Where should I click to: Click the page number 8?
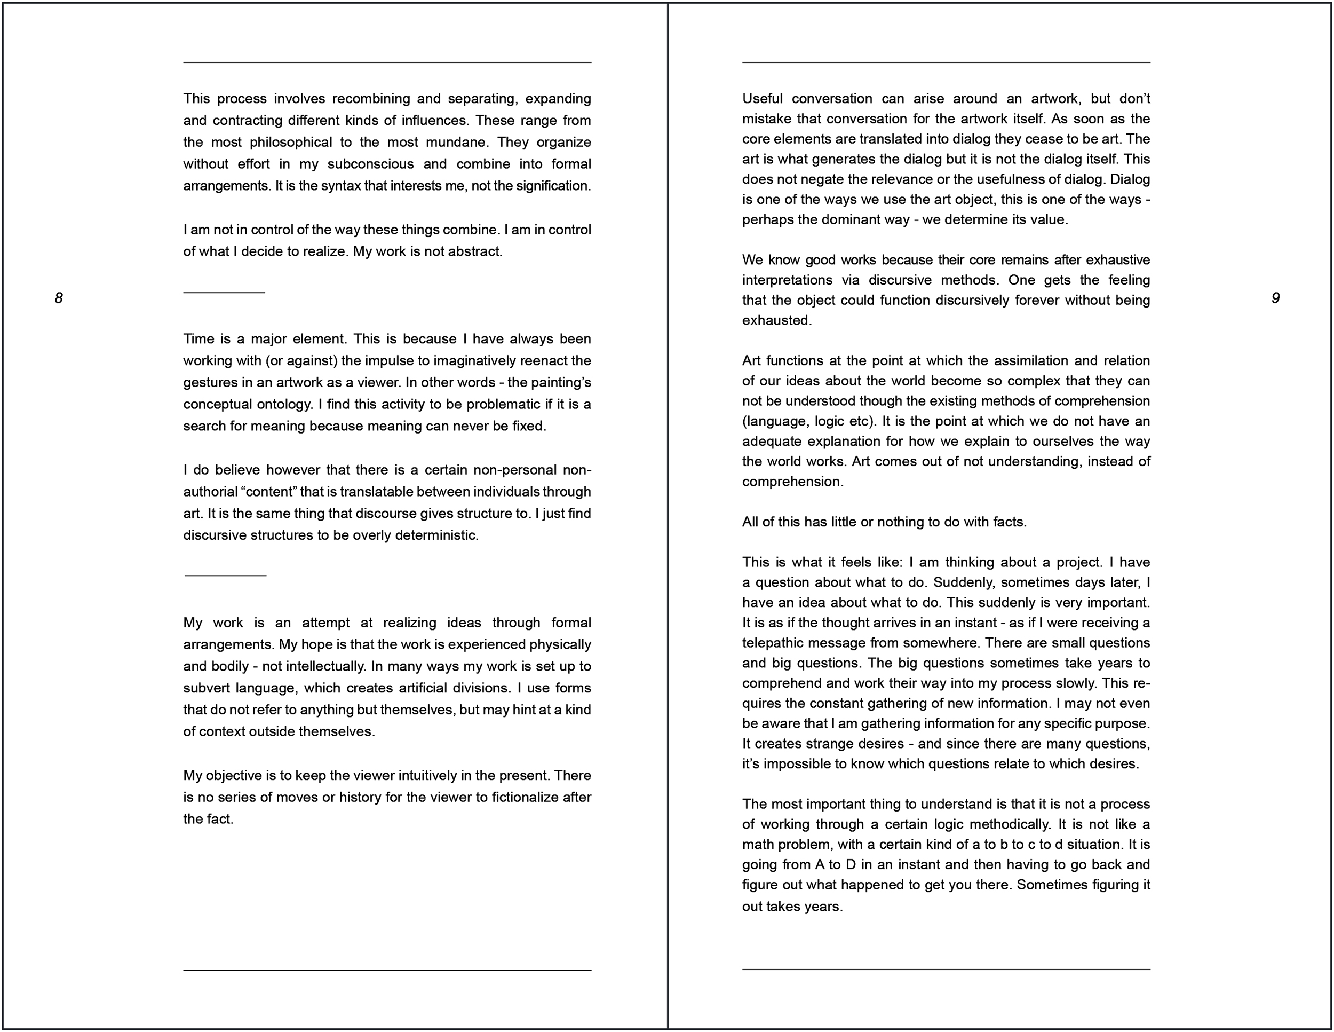[59, 298]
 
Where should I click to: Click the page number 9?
[1275, 298]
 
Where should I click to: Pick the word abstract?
[474, 251]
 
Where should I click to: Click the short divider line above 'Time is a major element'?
[224, 293]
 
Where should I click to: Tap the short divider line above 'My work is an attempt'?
[225, 575]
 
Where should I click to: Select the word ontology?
[287, 405]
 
